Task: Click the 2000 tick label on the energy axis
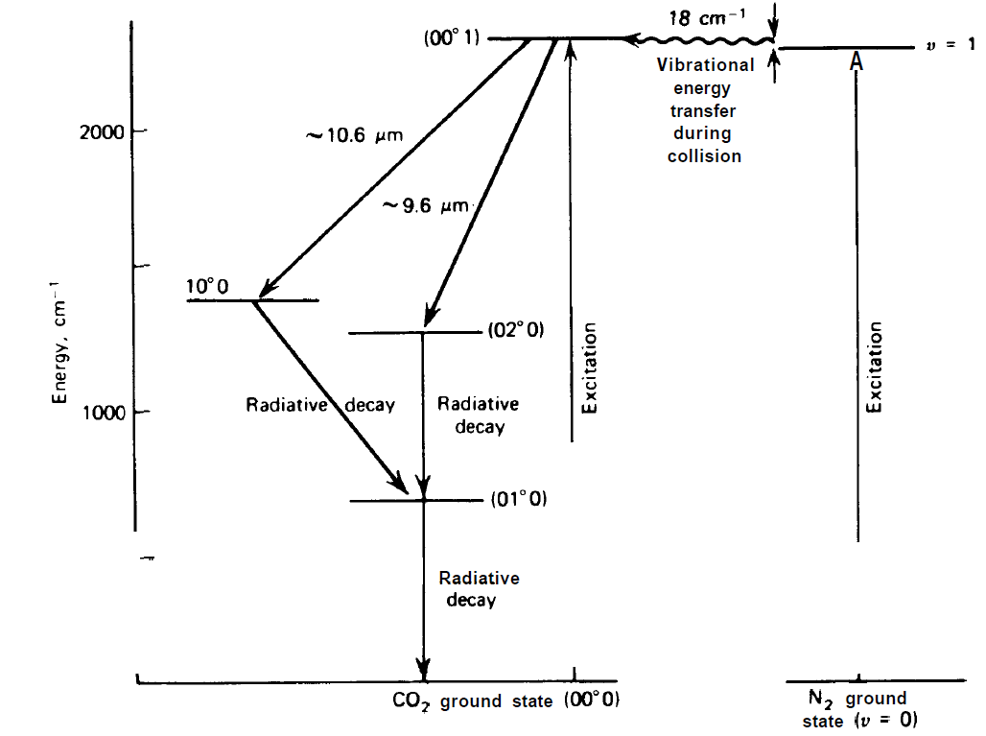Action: click(100, 131)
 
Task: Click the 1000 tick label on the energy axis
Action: click(100, 413)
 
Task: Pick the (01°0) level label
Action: click(518, 499)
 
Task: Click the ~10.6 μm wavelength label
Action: click(354, 135)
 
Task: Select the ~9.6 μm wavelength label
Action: click(424, 205)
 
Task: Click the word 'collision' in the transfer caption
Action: click(704, 155)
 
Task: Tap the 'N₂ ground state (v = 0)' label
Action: click(855, 709)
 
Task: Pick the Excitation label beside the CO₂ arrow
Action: click(590, 368)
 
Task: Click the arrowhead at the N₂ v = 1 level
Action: click(857, 59)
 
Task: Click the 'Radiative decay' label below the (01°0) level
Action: click(479, 589)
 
